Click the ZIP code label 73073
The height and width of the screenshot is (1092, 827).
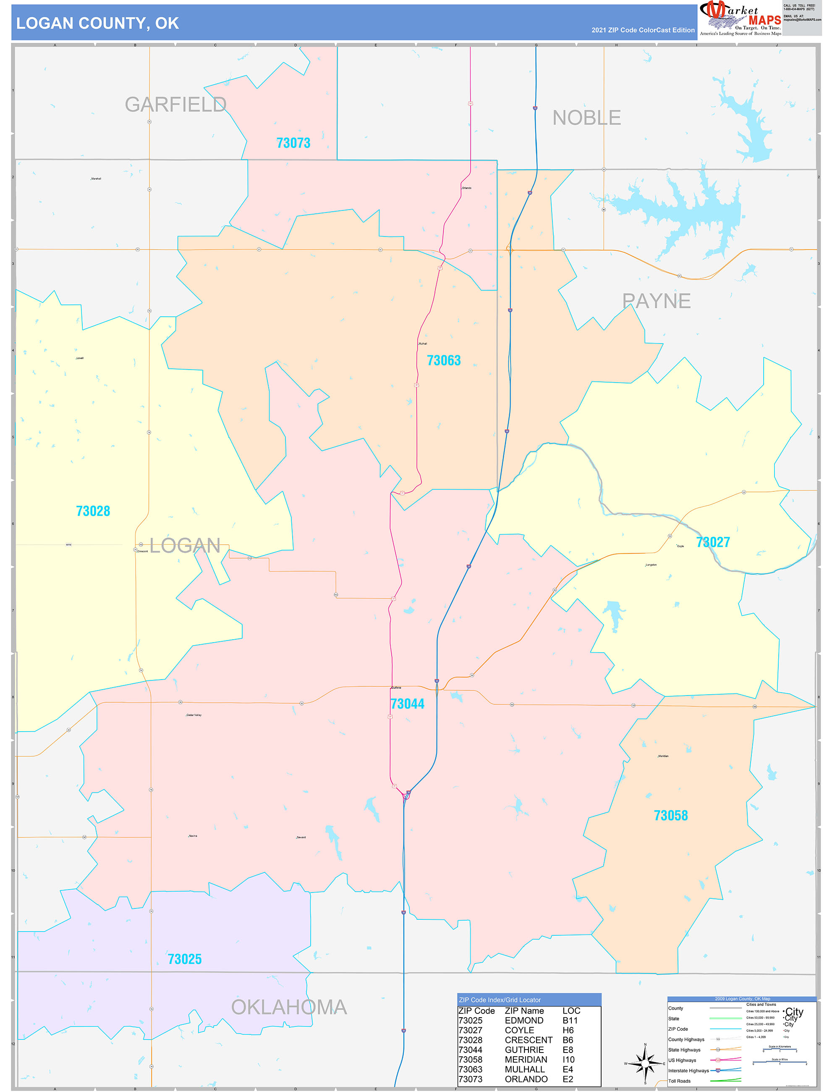pyautogui.click(x=293, y=143)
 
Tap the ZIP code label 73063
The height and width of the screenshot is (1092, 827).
pyautogui.click(x=444, y=360)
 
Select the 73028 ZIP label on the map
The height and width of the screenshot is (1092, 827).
pyautogui.click(x=93, y=511)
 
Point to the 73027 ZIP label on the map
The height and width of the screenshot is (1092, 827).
pyautogui.click(x=712, y=542)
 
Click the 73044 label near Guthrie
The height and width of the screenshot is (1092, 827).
pyautogui.click(x=407, y=704)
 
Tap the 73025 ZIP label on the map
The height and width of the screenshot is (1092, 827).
pyautogui.click(x=185, y=959)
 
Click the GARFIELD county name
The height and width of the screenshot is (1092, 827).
pyautogui.click(x=175, y=105)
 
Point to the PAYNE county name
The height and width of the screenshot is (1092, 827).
pyautogui.click(x=656, y=301)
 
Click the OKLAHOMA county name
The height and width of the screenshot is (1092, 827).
pyautogui.click(x=289, y=1008)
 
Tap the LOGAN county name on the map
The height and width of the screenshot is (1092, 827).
pyautogui.click(x=185, y=546)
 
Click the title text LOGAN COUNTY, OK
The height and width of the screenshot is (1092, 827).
pyautogui.click(x=97, y=23)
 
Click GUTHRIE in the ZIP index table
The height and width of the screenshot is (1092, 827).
pyautogui.click(x=524, y=1050)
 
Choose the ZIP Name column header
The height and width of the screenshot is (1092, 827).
pyautogui.click(x=524, y=1011)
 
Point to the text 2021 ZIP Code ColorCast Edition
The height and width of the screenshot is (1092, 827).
pyautogui.click(x=643, y=30)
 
